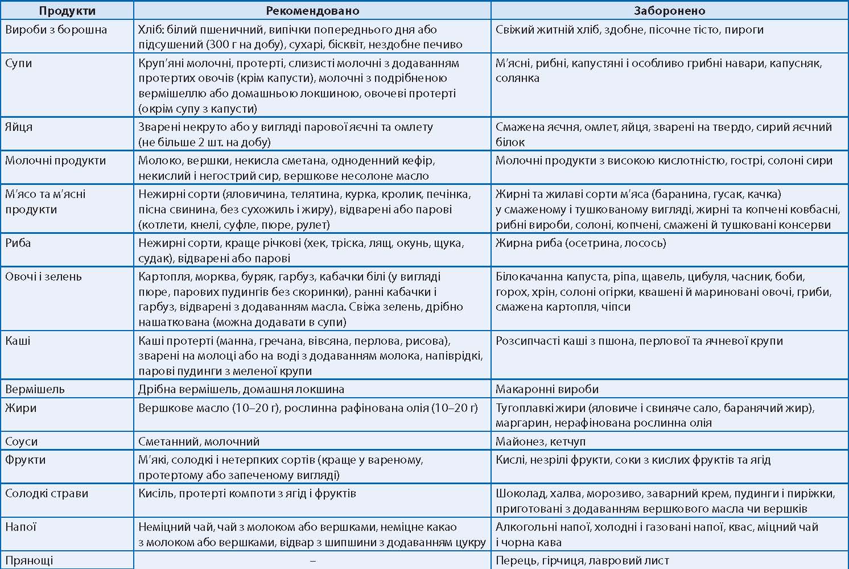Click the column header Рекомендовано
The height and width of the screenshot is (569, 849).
[312, 11]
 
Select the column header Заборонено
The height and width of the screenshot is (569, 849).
[670, 11]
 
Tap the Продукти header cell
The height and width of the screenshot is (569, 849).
[67, 11]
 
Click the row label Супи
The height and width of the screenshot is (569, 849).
[19, 63]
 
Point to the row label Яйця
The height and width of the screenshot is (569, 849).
[19, 127]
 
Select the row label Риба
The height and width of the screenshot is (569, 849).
[18, 243]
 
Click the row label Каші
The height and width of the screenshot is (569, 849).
[18, 341]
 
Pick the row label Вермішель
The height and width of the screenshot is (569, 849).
[35, 390]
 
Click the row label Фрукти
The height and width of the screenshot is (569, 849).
[25, 460]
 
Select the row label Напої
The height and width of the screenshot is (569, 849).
[21, 527]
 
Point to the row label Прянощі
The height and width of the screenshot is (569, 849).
[29, 560]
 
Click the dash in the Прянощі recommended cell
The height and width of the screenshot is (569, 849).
[312, 560]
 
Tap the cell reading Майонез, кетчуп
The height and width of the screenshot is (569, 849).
[540, 442]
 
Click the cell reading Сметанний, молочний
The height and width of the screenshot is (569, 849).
[199, 442]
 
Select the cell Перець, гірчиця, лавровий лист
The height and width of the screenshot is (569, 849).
[582, 560]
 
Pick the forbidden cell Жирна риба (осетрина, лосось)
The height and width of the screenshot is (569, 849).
[580, 244]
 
